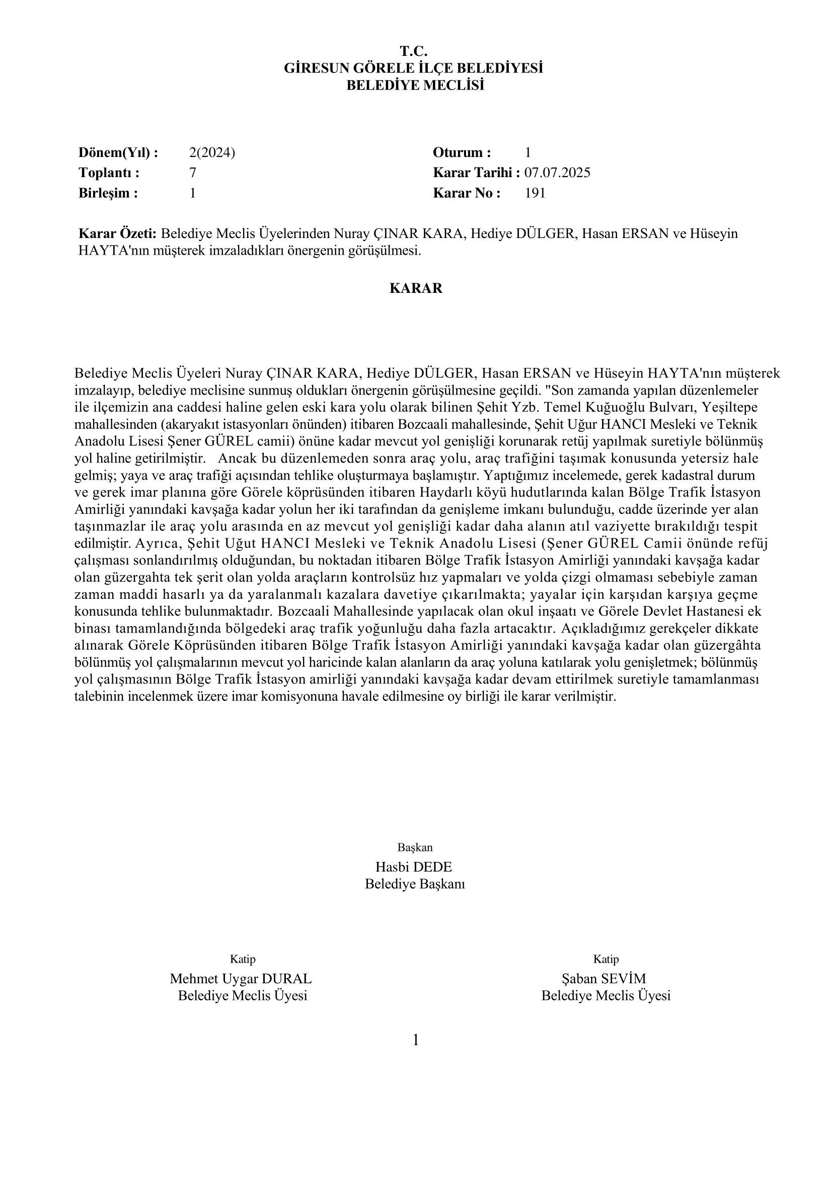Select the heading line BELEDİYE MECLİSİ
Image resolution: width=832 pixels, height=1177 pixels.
point(415,85)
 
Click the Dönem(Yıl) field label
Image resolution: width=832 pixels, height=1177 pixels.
point(118,152)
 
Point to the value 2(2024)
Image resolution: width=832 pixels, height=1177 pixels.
point(212,152)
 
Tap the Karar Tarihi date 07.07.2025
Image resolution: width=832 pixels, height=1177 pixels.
point(557,172)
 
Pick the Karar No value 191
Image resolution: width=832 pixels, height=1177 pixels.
point(535,193)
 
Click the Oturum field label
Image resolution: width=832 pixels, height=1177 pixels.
point(462,152)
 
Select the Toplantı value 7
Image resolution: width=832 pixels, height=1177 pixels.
point(193,172)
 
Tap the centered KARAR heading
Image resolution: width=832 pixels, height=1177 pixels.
point(416,288)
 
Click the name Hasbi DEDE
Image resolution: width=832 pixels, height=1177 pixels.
point(414,867)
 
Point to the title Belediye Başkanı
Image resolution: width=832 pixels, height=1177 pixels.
point(415,884)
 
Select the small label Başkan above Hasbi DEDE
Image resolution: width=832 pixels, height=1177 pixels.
point(415,847)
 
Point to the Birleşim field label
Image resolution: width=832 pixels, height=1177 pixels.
point(108,193)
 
